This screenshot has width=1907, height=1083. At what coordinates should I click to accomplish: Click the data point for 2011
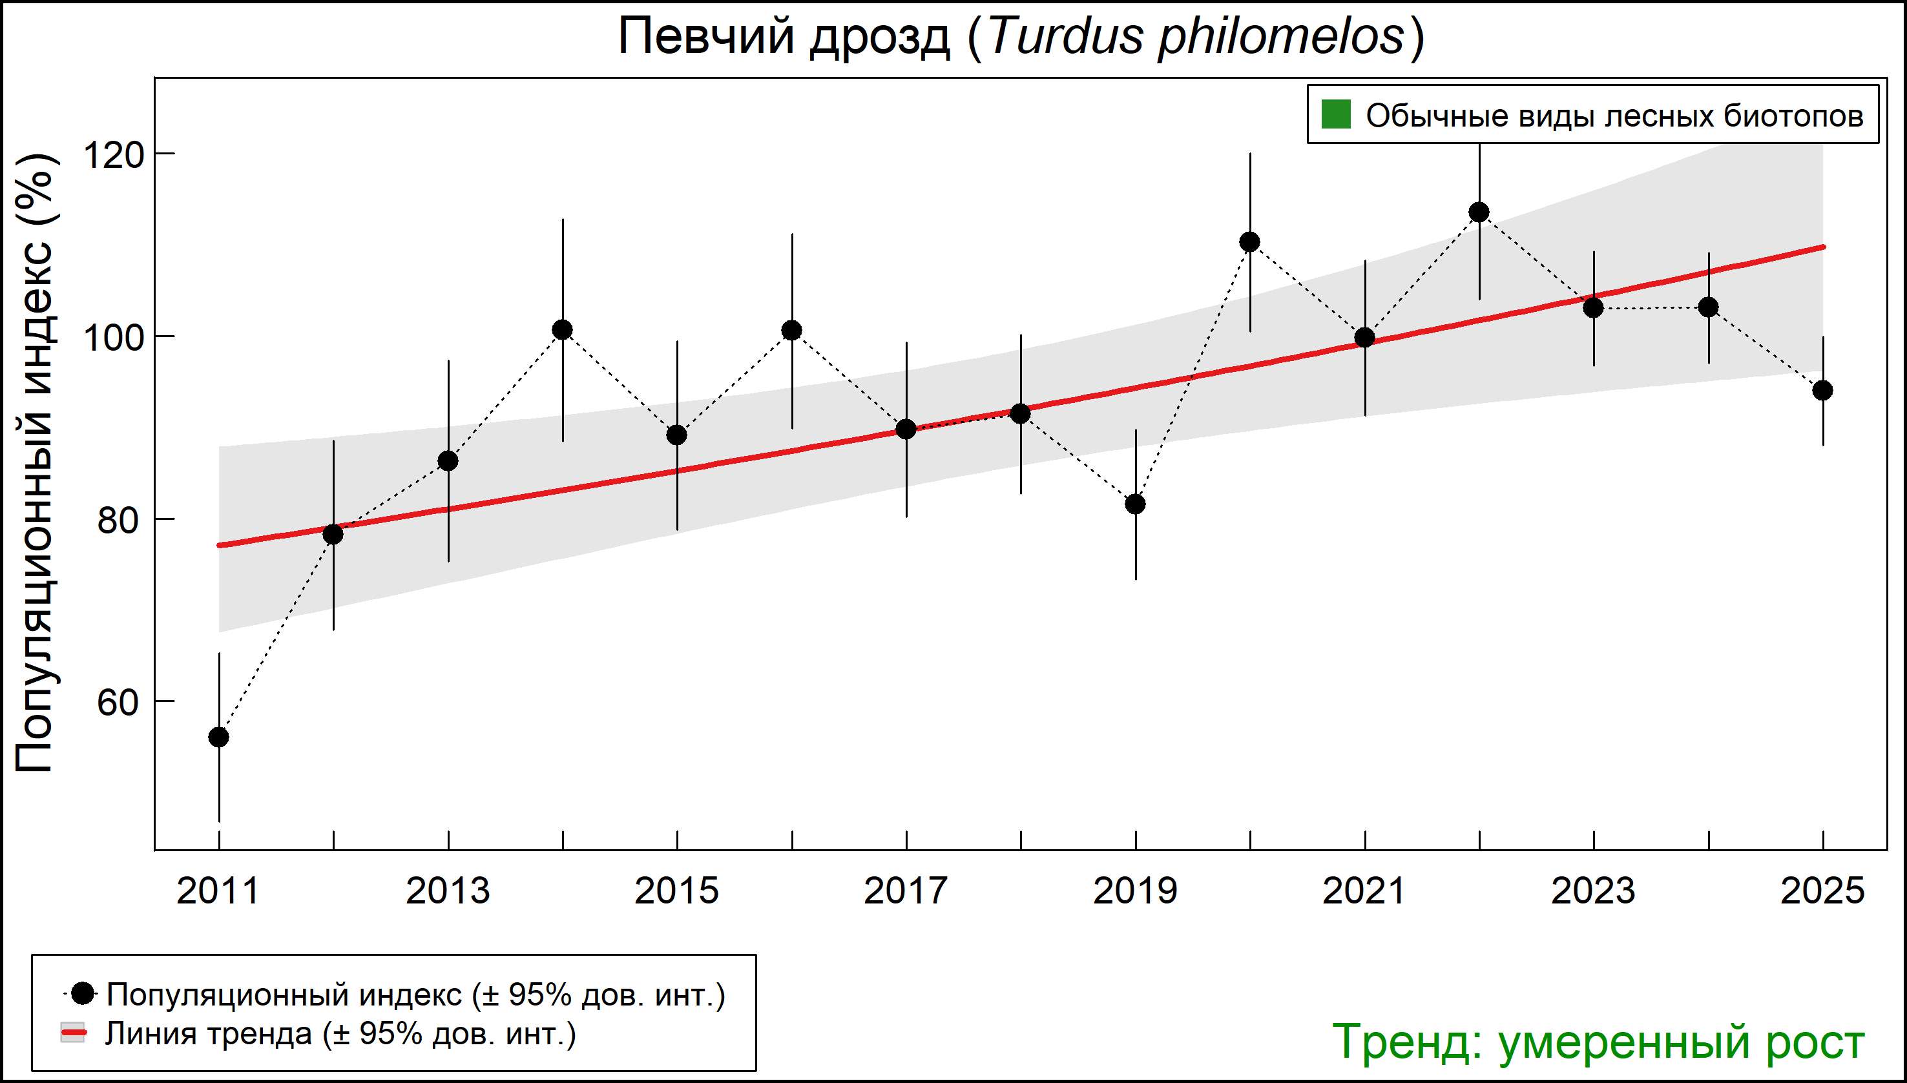coord(219,737)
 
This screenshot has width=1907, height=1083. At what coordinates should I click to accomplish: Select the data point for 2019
coord(1136,504)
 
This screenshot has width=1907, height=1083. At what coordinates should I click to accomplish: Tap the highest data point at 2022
coord(1479,212)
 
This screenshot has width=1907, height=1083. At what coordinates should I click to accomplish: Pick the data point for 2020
coord(1250,242)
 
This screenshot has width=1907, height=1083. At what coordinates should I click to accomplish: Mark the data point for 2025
coord(1822,391)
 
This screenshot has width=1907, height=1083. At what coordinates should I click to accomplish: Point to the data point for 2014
coord(563,329)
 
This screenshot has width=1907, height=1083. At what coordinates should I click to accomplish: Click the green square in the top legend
coord(1335,116)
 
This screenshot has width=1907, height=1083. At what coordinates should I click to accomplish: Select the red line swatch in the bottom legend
coord(73,1033)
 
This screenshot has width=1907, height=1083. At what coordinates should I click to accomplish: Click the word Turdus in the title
coord(1065,36)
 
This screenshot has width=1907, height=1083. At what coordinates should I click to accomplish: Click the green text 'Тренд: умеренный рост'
coord(1598,1041)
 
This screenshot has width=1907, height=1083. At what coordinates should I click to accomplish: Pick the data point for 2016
coord(791,330)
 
